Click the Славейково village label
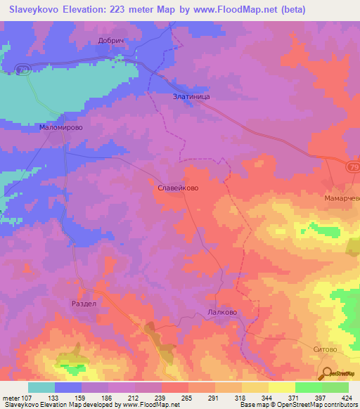[176, 188]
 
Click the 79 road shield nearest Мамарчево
[352, 167]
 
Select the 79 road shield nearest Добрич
[22, 68]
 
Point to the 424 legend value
[347, 397]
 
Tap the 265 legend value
[186, 397]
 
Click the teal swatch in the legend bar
[41, 387]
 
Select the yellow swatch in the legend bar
[281, 387]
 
